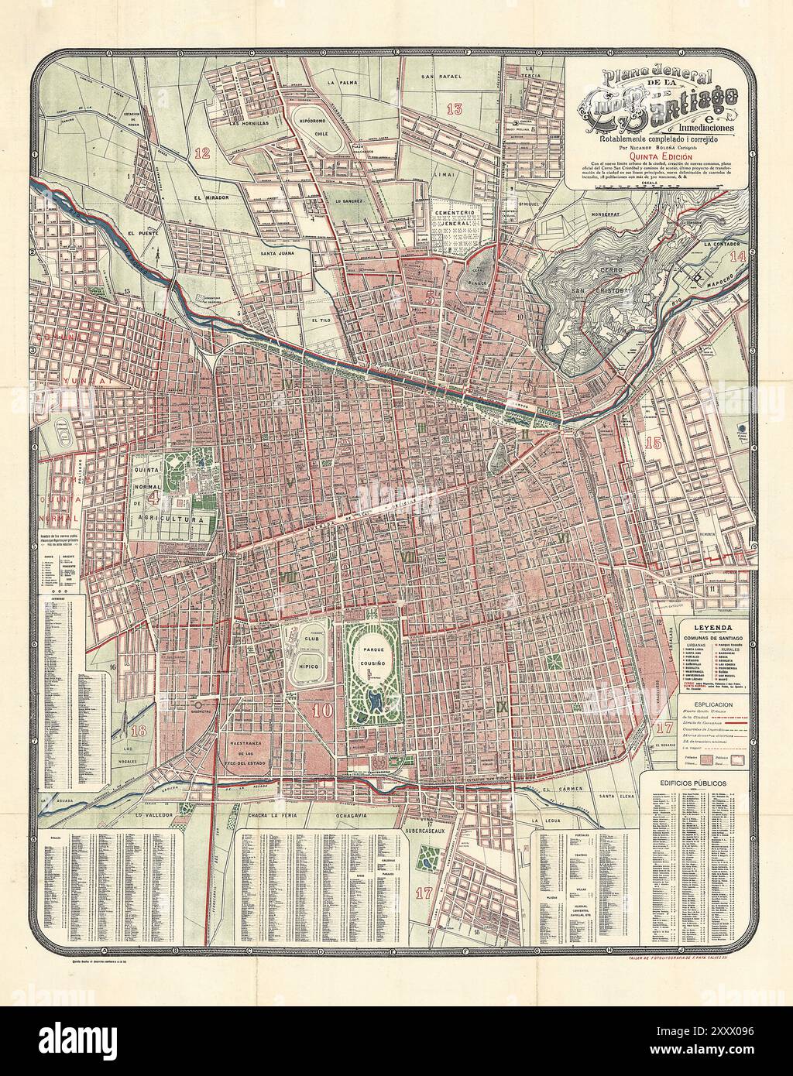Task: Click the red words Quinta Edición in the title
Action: pyautogui.click(x=659, y=154)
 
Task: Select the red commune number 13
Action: pyautogui.click(x=454, y=108)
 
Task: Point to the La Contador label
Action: pyautogui.click(x=723, y=244)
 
